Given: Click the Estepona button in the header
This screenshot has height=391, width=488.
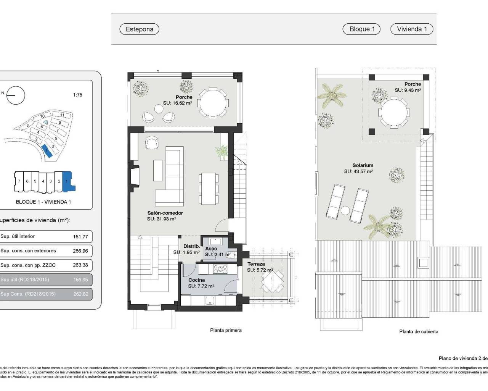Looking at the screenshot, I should [139, 29].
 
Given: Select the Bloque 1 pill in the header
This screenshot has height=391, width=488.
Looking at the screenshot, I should [362, 29].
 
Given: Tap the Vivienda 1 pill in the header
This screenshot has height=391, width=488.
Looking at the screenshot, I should [412, 29].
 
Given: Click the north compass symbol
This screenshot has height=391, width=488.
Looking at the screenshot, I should [16, 95].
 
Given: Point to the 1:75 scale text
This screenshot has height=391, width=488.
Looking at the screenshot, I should [77, 95].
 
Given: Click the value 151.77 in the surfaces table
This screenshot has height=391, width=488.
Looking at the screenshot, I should [80, 237].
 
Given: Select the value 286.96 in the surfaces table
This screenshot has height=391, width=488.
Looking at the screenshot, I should [80, 251].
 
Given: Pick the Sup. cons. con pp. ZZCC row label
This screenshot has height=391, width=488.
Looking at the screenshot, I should [28, 265].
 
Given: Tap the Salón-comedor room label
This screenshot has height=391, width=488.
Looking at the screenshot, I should [165, 213].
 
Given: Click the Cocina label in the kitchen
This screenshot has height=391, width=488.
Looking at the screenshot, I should [196, 280].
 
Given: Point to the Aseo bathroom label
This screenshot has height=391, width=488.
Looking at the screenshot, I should [211, 249].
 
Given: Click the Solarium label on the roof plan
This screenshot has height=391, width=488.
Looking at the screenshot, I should [363, 165].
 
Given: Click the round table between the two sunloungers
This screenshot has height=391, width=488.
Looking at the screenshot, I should [345, 210].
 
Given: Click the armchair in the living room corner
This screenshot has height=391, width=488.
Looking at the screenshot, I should [151, 143].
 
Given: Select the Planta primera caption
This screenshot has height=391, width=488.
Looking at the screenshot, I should [226, 330].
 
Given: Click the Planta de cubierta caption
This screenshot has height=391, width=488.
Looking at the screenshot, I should [419, 331].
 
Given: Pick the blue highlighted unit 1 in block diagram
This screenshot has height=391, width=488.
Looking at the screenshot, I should [67, 181].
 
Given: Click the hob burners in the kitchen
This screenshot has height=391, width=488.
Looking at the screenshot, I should [220, 270].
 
